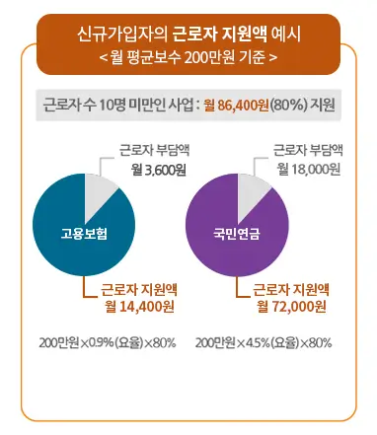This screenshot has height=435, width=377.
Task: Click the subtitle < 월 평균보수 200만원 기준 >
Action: click(x=188, y=58)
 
